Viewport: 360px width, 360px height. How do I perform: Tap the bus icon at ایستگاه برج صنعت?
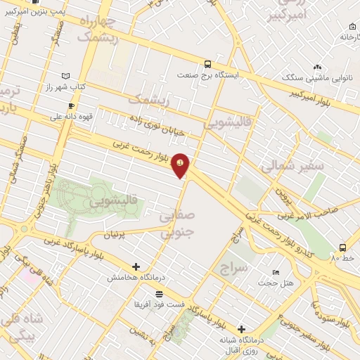[207, 63]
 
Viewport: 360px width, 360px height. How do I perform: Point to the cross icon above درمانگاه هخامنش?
[136, 266]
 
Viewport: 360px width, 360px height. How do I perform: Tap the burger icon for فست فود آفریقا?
[160, 294]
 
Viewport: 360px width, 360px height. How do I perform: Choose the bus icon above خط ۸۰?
[342, 247]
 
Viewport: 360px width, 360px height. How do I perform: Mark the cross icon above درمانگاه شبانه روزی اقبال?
[241, 329]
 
